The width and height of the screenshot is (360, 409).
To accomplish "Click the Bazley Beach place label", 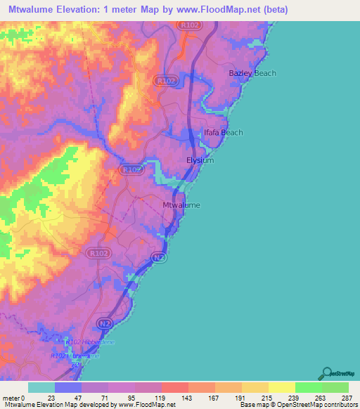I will pos(252,73).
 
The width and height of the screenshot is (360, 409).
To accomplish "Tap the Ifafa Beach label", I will pos(223,132).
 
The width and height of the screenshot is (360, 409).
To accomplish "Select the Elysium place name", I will pos(200,160).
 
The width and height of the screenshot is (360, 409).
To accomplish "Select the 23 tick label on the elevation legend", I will pos(51,398).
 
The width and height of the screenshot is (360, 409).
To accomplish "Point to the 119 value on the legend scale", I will pos(160,398).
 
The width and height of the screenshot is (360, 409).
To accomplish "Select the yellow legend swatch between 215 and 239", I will pos(282,387).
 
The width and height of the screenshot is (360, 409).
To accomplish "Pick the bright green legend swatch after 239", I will pos(309,387).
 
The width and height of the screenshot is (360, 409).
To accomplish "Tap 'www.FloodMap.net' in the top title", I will pos(211,10).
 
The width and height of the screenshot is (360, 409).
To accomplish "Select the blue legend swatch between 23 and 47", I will pos(68,387).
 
